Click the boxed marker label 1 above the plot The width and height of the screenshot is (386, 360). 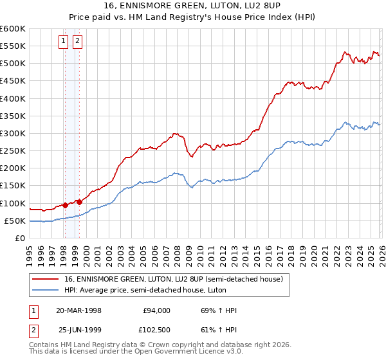64,42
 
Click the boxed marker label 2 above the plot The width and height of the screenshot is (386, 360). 77,42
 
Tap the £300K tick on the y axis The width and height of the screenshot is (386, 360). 12,133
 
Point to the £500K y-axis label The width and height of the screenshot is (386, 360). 12,63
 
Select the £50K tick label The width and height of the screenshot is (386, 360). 14,221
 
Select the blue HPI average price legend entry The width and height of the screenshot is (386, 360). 159,290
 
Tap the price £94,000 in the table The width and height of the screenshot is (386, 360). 156,310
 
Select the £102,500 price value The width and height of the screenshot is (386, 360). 154,331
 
